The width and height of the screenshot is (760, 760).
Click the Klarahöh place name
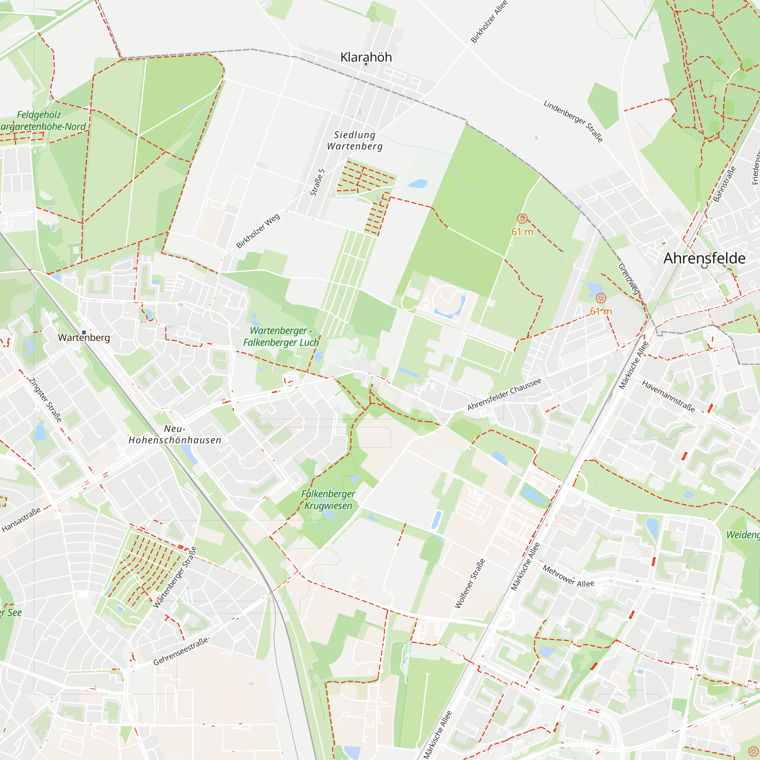coord(366,57)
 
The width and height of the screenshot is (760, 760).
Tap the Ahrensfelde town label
coord(704,258)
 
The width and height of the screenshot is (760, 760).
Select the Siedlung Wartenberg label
coord(355,141)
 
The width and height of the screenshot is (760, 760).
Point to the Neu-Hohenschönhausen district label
coord(175,434)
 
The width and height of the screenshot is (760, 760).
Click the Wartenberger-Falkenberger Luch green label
coord(281,336)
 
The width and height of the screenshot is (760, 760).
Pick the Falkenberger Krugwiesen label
coord(328,500)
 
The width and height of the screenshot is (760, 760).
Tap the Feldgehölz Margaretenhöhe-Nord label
coord(41,121)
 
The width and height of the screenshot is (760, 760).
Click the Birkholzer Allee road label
coord(489,22)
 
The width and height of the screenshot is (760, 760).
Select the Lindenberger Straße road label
coord(573,121)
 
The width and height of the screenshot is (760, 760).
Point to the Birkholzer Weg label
coord(258,231)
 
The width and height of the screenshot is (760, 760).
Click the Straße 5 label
coord(317,182)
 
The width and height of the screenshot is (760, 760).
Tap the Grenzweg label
coord(629,279)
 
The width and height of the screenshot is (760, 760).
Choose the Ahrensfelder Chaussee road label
coord(504,394)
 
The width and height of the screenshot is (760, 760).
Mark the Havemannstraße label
coord(668,396)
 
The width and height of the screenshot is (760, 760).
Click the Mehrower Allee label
coord(568,576)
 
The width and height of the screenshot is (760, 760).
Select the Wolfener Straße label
coord(470,583)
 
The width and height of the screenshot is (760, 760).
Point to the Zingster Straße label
coord(45,400)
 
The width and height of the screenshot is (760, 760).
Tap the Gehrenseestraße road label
coord(180,651)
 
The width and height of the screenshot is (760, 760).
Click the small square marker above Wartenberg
coord(84,332)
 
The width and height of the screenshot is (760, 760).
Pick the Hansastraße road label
coord(21,520)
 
